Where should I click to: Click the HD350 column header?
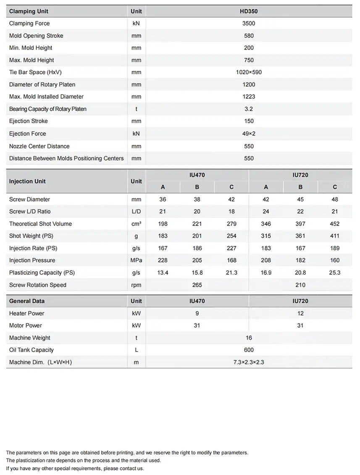[x=249, y=11]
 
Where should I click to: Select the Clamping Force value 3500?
[x=249, y=24]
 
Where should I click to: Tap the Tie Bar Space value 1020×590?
[x=249, y=72]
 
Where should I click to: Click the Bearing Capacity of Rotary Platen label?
[x=48, y=109]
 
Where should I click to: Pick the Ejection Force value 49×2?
[x=249, y=134]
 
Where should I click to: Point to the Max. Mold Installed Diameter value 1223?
[x=249, y=97]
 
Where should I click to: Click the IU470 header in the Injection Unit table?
[x=197, y=175]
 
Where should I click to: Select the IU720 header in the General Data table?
[x=300, y=301]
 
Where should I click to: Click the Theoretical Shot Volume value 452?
[x=334, y=224]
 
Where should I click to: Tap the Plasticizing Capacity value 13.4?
[x=163, y=273]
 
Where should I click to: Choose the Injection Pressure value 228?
[x=163, y=260]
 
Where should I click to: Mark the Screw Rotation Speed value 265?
[x=197, y=285]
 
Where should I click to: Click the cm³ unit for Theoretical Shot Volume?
[x=136, y=224]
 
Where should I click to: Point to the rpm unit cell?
[x=136, y=285]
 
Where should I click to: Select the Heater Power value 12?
[x=300, y=313]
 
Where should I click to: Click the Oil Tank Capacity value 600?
[x=249, y=350]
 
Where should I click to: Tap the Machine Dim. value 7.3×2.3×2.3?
[x=249, y=362]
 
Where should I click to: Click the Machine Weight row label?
[x=30, y=338]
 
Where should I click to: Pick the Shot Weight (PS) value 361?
[x=300, y=236]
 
